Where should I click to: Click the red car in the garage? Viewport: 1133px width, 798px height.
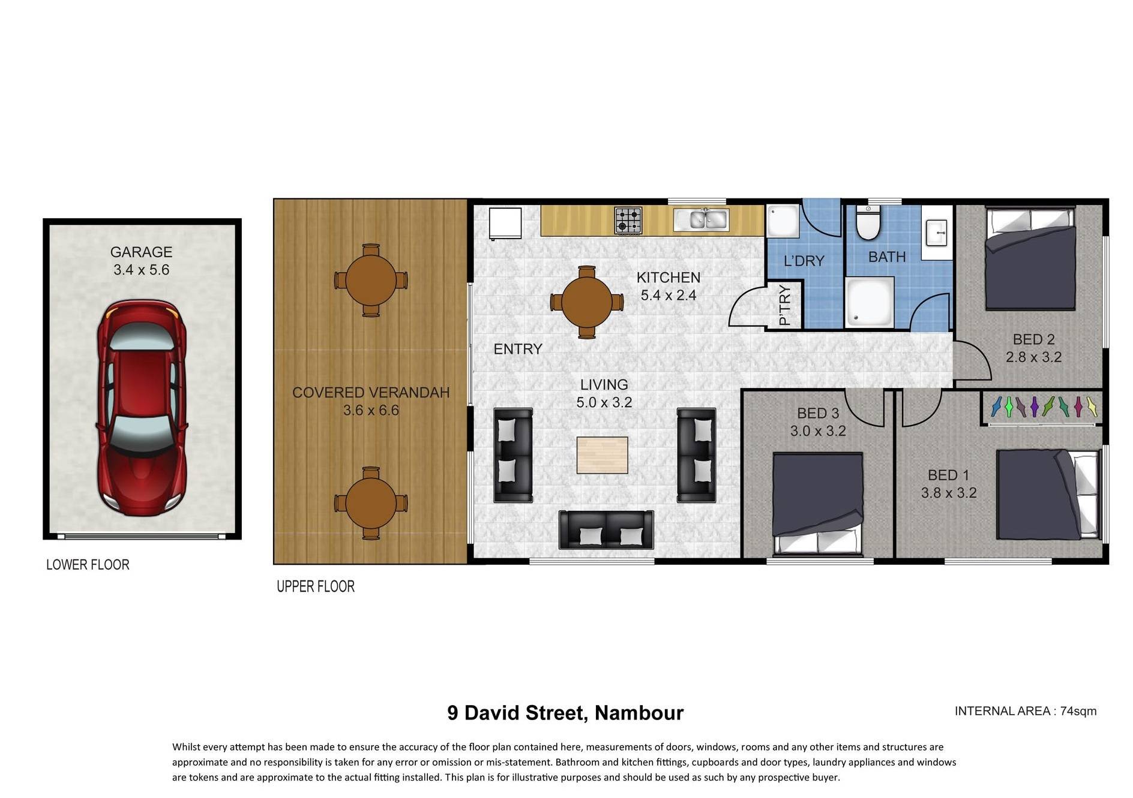(x=142, y=408)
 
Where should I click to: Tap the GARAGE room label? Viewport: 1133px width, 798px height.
(x=141, y=252)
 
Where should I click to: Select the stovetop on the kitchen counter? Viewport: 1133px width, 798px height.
(x=628, y=220)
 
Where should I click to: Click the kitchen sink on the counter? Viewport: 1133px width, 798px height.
(x=701, y=219)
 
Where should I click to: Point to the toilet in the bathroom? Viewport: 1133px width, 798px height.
(x=868, y=222)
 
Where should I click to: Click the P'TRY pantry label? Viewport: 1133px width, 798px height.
(x=784, y=305)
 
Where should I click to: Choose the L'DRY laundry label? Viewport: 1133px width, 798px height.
(x=804, y=261)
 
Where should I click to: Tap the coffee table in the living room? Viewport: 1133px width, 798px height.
(x=603, y=455)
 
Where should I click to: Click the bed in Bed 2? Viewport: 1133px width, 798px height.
(x=1030, y=258)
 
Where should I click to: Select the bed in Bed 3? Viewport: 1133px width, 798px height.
(x=818, y=503)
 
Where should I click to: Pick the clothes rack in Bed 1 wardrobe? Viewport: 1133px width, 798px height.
(x=1043, y=407)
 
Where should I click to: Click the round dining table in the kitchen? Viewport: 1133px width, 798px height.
(x=587, y=302)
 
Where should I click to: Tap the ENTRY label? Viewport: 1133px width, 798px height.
(x=518, y=349)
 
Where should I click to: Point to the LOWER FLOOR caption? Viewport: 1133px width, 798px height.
(x=88, y=565)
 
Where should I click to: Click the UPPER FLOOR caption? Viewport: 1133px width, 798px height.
(x=316, y=586)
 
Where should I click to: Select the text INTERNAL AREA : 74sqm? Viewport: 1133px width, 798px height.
(x=1026, y=711)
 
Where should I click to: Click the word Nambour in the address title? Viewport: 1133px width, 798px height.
(x=639, y=713)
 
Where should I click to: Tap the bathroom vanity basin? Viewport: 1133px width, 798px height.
(x=937, y=233)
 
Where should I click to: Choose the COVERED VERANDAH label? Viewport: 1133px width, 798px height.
(x=371, y=393)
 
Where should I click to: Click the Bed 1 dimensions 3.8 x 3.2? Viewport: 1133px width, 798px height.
(x=949, y=493)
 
